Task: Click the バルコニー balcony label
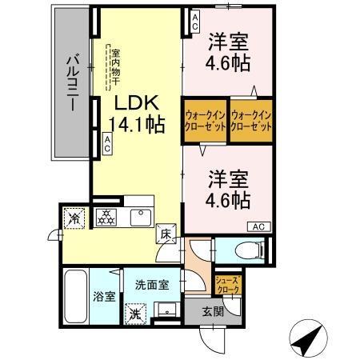(x=72, y=83)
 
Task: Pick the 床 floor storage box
(x=166, y=234)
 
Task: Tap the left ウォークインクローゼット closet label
(x=206, y=121)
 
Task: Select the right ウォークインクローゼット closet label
(x=249, y=121)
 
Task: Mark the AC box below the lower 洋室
(x=259, y=226)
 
